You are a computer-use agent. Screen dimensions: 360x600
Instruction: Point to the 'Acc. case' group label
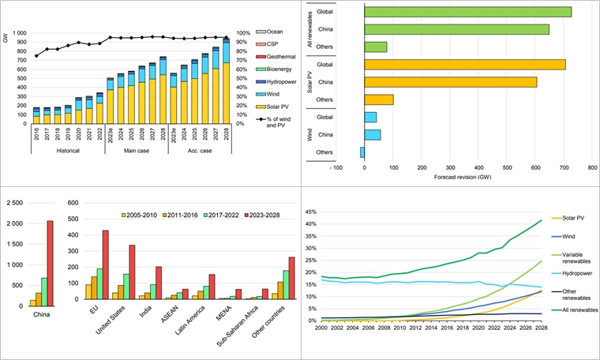click(193, 150)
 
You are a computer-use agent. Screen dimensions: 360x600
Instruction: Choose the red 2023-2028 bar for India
click(158, 283)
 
